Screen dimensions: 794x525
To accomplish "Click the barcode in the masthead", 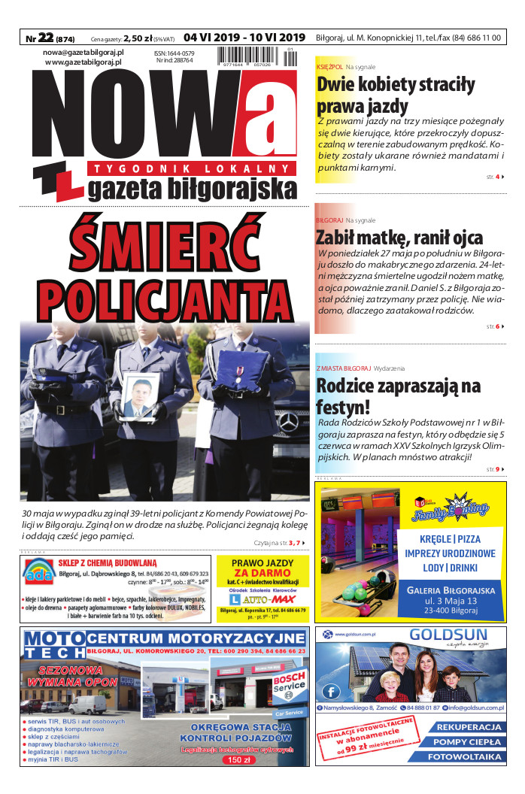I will click(x=254, y=58).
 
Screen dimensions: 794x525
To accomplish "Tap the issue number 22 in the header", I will click(x=46, y=38).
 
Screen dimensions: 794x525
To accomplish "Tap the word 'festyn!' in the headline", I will click(x=343, y=408).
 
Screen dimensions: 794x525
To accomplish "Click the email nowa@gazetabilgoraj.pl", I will click(x=83, y=52).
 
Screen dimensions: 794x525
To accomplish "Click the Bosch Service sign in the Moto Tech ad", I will click(x=289, y=683).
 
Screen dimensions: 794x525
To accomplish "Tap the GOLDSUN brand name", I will click(x=448, y=635).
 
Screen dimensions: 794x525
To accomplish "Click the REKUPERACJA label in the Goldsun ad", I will click(x=469, y=728).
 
